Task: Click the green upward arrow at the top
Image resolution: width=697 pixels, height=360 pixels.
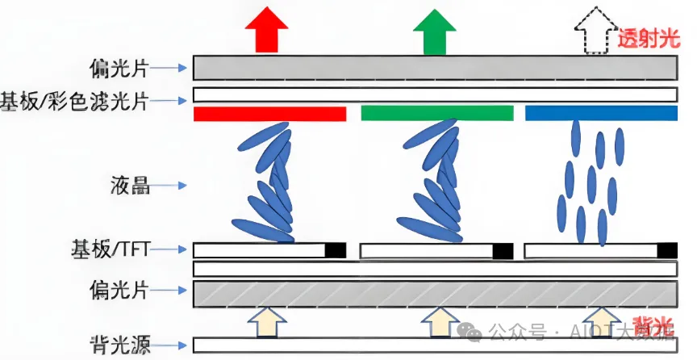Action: [433, 31]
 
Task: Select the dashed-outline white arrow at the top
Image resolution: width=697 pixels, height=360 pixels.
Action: [594, 32]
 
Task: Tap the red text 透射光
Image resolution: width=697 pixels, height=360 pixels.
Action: [649, 38]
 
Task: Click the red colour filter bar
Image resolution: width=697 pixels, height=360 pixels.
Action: [269, 114]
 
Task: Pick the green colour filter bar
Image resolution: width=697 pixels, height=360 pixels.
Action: [436, 114]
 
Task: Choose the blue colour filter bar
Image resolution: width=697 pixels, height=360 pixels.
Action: [600, 114]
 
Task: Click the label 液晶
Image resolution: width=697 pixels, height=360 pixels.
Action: [130, 186]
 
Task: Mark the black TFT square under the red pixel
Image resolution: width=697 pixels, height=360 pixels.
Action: [336, 250]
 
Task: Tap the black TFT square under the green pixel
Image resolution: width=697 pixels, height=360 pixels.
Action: [502, 251]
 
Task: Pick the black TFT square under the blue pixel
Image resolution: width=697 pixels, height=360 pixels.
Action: [667, 250]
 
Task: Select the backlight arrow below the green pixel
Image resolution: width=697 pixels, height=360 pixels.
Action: [438, 321]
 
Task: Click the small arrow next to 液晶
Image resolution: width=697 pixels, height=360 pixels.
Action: [170, 186]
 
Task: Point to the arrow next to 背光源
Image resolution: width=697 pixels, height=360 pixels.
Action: [170, 343]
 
